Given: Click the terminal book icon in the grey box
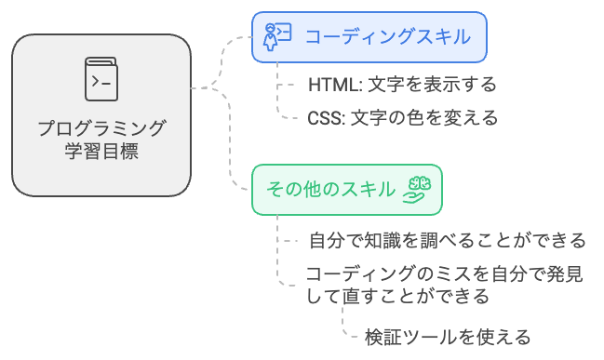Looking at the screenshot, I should pyautogui.click(x=101, y=79).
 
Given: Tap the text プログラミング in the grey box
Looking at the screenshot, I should pyautogui.click(x=101, y=128).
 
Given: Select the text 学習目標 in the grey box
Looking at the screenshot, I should pyautogui.click(x=101, y=151).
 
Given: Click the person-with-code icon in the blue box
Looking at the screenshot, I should pyautogui.click(x=277, y=36).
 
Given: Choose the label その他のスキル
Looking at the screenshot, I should pyautogui.click(x=330, y=190).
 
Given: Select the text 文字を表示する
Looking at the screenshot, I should pyautogui.click(x=432, y=85).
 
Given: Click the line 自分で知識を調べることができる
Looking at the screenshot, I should pyautogui.click(x=448, y=241).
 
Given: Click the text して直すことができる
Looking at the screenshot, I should pyautogui.click(x=398, y=297).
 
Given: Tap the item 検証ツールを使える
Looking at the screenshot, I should pyautogui.click(x=448, y=336).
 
